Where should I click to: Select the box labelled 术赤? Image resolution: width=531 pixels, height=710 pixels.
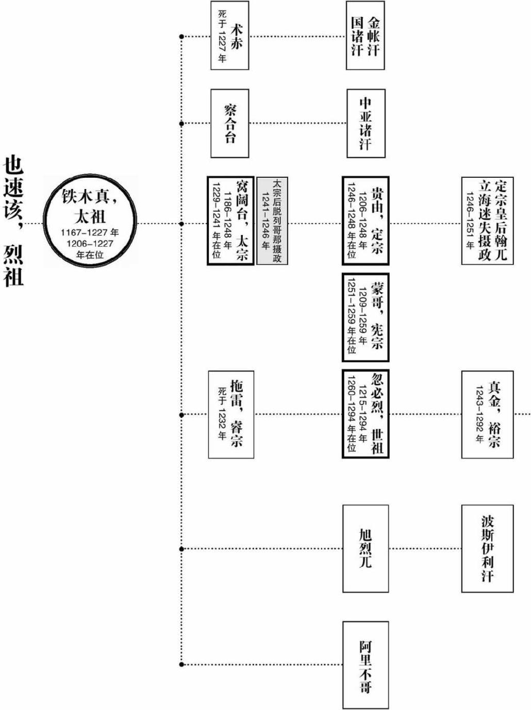click(x=229, y=36)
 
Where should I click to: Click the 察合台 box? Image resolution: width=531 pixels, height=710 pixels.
click(x=229, y=124)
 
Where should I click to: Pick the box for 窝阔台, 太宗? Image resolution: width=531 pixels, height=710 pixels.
click(x=230, y=221)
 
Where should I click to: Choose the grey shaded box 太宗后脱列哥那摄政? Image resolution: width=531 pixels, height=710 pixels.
click(x=272, y=221)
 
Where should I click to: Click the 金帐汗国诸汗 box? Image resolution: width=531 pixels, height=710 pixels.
click(x=365, y=36)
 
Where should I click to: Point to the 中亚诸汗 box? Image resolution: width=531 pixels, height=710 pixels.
click(x=365, y=124)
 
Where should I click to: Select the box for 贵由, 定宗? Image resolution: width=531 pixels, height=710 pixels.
click(x=365, y=221)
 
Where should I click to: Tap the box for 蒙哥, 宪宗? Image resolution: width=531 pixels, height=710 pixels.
click(x=365, y=317)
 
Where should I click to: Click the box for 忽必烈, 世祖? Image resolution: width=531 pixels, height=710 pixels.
click(x=365, y=414)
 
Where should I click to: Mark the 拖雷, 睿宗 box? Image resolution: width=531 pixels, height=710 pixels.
click(x=231, y=414)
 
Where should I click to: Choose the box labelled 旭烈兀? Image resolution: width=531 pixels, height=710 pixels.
click(x=365, y=548)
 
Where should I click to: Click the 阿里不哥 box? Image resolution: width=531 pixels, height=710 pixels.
click(x=365, y=665)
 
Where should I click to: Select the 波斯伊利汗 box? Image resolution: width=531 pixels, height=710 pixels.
click(x=487, y=548)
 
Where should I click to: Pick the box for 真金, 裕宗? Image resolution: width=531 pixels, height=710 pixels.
click(x=487, y=414)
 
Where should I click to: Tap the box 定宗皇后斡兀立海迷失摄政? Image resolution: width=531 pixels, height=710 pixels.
click(x=487, y=221)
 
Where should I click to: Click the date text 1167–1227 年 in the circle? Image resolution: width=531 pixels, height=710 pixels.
click(x=90, y=232)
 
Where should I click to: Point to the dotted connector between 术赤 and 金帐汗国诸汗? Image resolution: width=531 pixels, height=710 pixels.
click(x=297, y=37)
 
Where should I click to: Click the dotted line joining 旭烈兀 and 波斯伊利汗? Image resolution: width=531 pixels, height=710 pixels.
click(x=425, y=548)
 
